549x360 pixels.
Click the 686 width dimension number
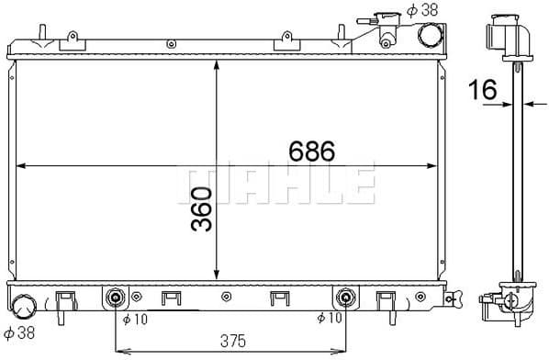310,151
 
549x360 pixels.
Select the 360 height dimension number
202,209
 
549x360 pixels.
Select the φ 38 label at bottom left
18,333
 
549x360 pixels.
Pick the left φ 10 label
134,319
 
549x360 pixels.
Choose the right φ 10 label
329,319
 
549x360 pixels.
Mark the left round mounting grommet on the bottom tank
116,298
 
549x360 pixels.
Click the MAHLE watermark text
274,185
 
